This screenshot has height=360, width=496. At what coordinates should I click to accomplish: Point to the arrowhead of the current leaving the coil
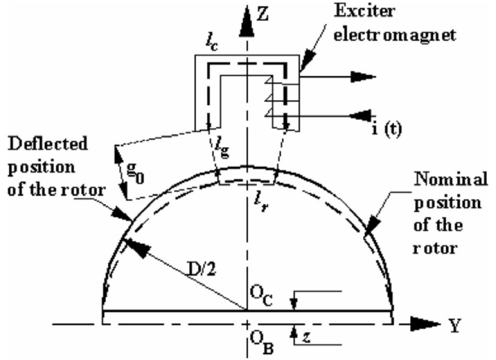(364, 77)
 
